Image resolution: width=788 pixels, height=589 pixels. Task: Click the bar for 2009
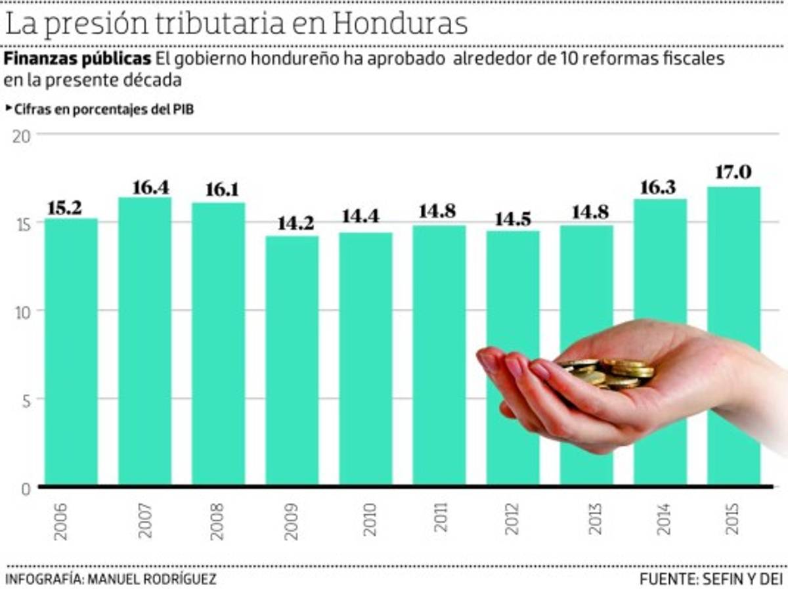(x=292, y=361)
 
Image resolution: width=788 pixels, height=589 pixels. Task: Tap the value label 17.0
(x=734, y=173)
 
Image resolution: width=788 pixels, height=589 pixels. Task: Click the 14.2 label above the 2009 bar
(x=292, y=223)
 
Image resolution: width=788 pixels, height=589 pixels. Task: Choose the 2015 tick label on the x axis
(x=733, y=519)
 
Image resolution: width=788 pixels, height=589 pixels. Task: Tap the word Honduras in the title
(x=400, y=24)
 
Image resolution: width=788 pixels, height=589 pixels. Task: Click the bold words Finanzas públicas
(x=77, y=59)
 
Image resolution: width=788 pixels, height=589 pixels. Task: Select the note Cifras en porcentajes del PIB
(x=103, y=110)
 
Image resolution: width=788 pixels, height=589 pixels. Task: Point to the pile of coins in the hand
(x=611, y=372)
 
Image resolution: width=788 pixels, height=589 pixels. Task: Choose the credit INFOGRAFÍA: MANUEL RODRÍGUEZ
(x=110, y=578)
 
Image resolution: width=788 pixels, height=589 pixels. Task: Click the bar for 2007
(x=144, y=341)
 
